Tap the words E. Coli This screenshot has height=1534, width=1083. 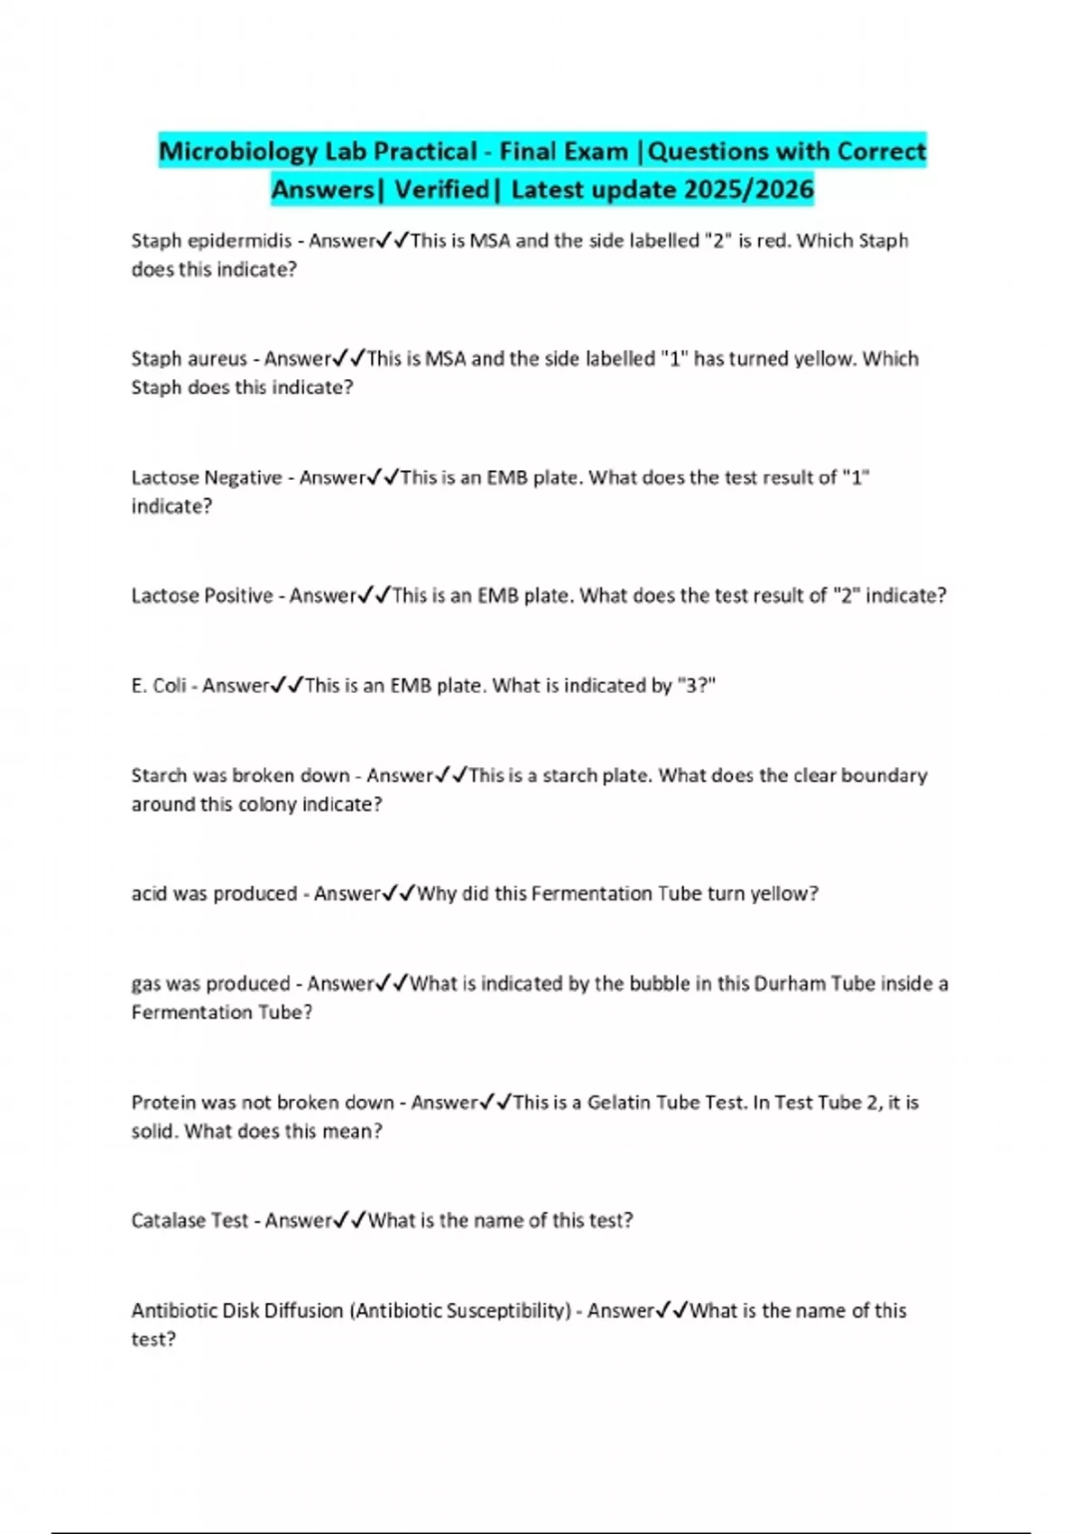(159, 686)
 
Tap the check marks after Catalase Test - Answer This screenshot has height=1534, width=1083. (349, 1220)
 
